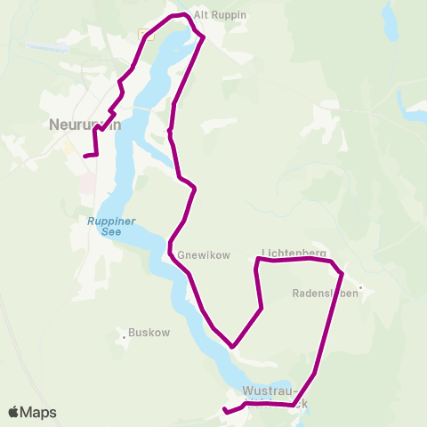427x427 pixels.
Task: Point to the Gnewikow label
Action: click(204, 255)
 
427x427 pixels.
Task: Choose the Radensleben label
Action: click(325, 292)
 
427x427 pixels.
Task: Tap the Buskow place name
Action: click(143, 334)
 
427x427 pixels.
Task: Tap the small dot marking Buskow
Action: click(123, 336)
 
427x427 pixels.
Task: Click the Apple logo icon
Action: click(15, 412)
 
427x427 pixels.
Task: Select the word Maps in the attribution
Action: click(40, 412)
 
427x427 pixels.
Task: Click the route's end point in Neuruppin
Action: click(85, 157)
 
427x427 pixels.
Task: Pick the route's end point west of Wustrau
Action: click(225, 412)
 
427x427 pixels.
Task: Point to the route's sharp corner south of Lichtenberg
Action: click(232, 346)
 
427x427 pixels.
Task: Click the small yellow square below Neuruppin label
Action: click(68, 149)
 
